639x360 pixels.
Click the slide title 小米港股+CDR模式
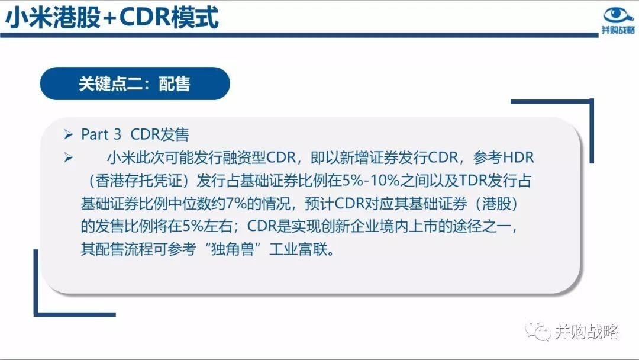[112, 17]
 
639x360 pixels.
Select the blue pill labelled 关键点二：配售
[135, 83]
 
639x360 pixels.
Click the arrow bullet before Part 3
[69, 134]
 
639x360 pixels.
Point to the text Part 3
[101, 134]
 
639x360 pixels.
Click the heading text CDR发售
[160, 134]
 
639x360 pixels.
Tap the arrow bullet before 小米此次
[69, 157]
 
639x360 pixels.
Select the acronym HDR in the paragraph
[518, 157]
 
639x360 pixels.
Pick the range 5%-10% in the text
[371, 181]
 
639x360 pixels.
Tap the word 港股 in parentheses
[496, 204]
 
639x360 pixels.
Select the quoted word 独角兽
[233, 249]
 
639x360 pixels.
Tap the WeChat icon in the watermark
[538, 331]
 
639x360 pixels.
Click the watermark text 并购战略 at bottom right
[587, 332]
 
